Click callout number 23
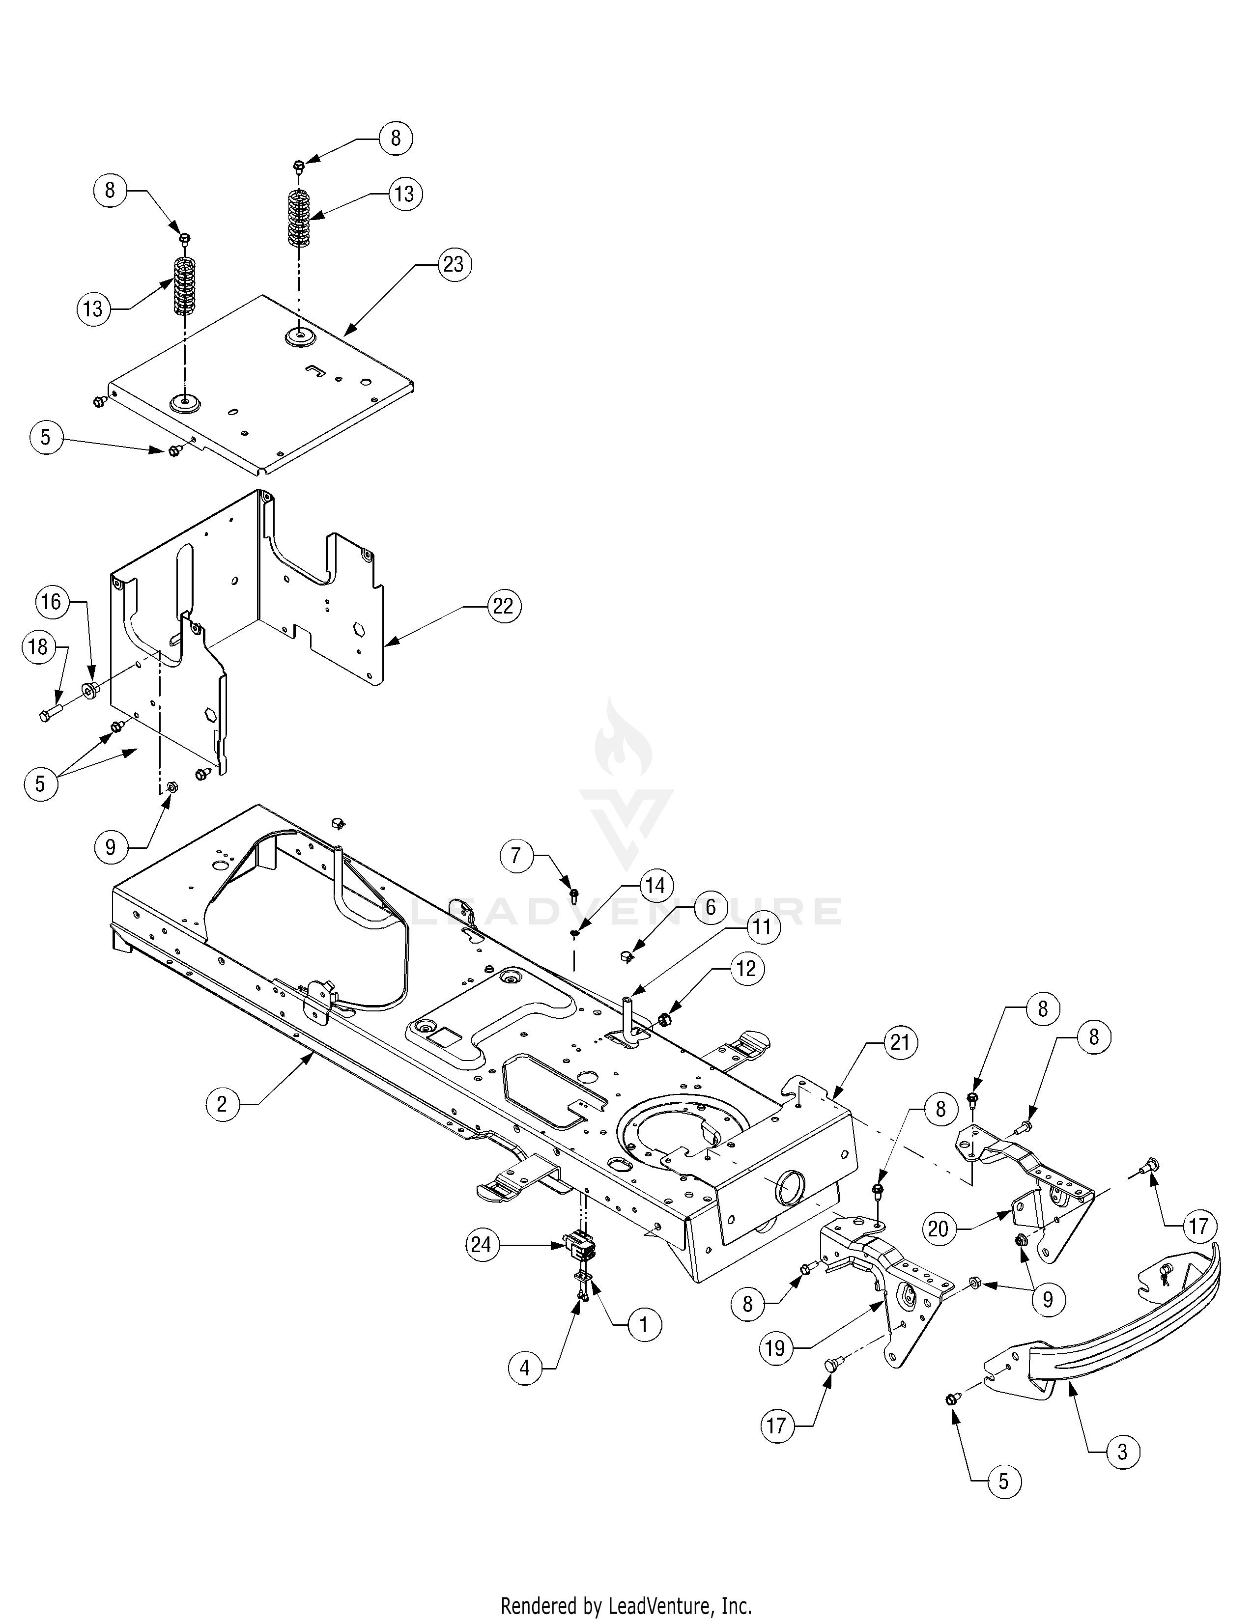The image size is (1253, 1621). [x=453, y=264]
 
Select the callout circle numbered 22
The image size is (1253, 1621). [x=503, y=606]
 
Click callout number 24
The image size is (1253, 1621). [x=481, y=1244]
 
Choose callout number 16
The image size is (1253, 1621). [x=51, y=601]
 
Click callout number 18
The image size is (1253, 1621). [x=37, y=647]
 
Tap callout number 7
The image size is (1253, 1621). [x=516, y=856]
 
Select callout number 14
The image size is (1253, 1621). [x=655, y=886]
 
